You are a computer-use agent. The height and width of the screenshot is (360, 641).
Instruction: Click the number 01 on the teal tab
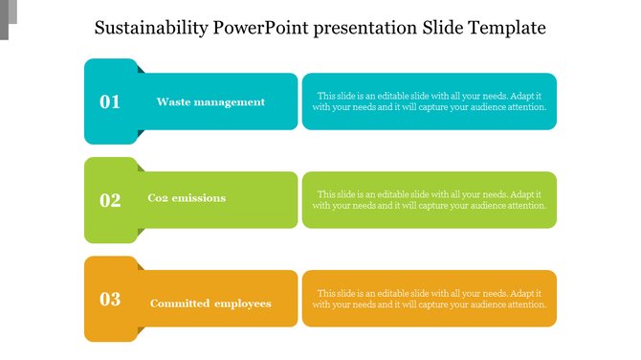click(110, 101)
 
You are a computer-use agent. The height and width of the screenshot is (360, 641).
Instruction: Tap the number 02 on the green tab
click(110, 200)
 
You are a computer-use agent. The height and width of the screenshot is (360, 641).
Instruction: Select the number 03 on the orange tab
click(110, 299)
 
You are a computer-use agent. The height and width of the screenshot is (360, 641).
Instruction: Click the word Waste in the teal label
click(174, 101)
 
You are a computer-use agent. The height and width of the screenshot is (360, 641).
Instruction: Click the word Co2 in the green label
click(159, 198)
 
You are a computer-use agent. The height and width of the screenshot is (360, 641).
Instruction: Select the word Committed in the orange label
click(178, 304)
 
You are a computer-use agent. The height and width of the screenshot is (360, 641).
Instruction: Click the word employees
click(242, 304)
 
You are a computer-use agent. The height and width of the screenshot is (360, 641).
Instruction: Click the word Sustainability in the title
click(153, 28)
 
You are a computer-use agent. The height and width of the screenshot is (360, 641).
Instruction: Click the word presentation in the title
click(369, 28)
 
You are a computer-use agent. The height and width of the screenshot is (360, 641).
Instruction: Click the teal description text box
click(430, 101)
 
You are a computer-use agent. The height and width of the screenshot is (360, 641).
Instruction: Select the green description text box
click(430, 200)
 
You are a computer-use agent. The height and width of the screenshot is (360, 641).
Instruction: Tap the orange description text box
click(430, 299)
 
